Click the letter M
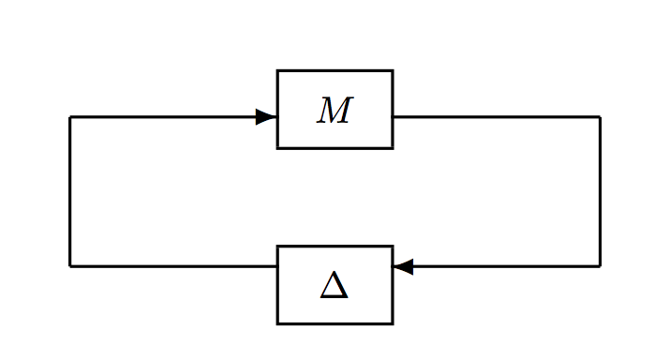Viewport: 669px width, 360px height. [x=334, y=111]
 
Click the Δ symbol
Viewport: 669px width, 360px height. [x=334, y=285]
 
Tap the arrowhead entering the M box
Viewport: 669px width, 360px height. [x=266, y=117]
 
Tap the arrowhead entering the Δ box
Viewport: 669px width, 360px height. [x=403, y=266]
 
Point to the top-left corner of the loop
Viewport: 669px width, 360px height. [x=70, y=117]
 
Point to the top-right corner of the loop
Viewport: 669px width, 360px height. [x=600, y=117]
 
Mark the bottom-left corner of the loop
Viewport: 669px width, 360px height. [x=70, y=266]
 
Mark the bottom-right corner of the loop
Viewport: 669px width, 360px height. [x=600, y=266]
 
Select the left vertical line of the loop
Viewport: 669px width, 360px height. [x=70, y=192]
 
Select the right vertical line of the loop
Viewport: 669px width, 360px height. [x=600, y=192]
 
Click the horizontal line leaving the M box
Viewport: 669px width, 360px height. [x=497, y=117]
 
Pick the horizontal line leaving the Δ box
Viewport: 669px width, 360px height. [x=173, y=266]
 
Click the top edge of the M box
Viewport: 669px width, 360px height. [x=334, y=70]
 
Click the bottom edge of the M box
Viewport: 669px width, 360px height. [x=334, y=147]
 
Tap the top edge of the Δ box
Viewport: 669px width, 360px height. [x=334, y=247]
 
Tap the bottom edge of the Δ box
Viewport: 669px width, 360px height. [x=334, y=323]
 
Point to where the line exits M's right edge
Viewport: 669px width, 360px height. [x=393, y=117]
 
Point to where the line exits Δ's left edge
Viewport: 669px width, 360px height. [x=277, y=266]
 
